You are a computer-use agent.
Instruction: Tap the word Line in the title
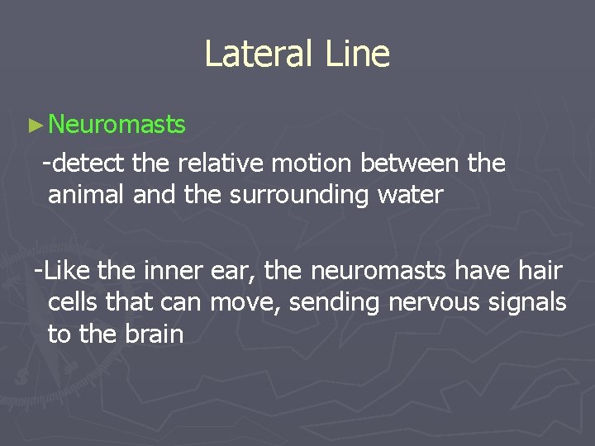pyautogui.click(x=357, y=54)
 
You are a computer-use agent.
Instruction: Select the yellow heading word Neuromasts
pyautogui.click(x=117, y=125)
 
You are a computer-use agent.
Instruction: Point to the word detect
pyautogui.click(x=90, y=164)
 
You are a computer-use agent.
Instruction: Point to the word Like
pyautogui.click(x=67, y=270)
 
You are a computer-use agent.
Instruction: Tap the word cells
pyautogui.click(x=74, y=302)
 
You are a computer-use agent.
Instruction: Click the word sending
pyautogui.click(x=338, y=303)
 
